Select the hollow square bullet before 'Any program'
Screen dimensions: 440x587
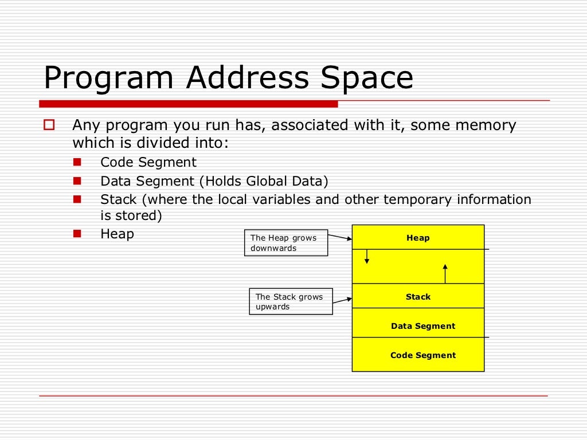click(x=49, y=124)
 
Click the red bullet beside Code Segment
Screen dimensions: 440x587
click(x=77, y=162)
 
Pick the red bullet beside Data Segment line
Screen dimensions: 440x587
click(x=77, y=181)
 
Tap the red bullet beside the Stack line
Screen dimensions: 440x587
click(x=77, y=199)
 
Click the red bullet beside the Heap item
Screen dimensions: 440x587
click(x=77, y=233)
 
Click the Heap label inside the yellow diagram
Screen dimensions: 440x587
click(x=418, y=238)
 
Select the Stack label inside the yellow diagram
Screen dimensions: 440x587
click(x=418, y=297)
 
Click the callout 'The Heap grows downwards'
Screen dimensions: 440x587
click(x=286, y=243)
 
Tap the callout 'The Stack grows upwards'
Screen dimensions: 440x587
click(x=291, y=301)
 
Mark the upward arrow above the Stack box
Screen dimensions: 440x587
click(x=445, y=274)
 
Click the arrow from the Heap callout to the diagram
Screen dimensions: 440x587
click(x=340, y=236)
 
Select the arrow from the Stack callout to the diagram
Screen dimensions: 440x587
click(x=342, y=300)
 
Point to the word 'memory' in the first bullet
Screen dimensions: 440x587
click(x=486, y=125)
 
